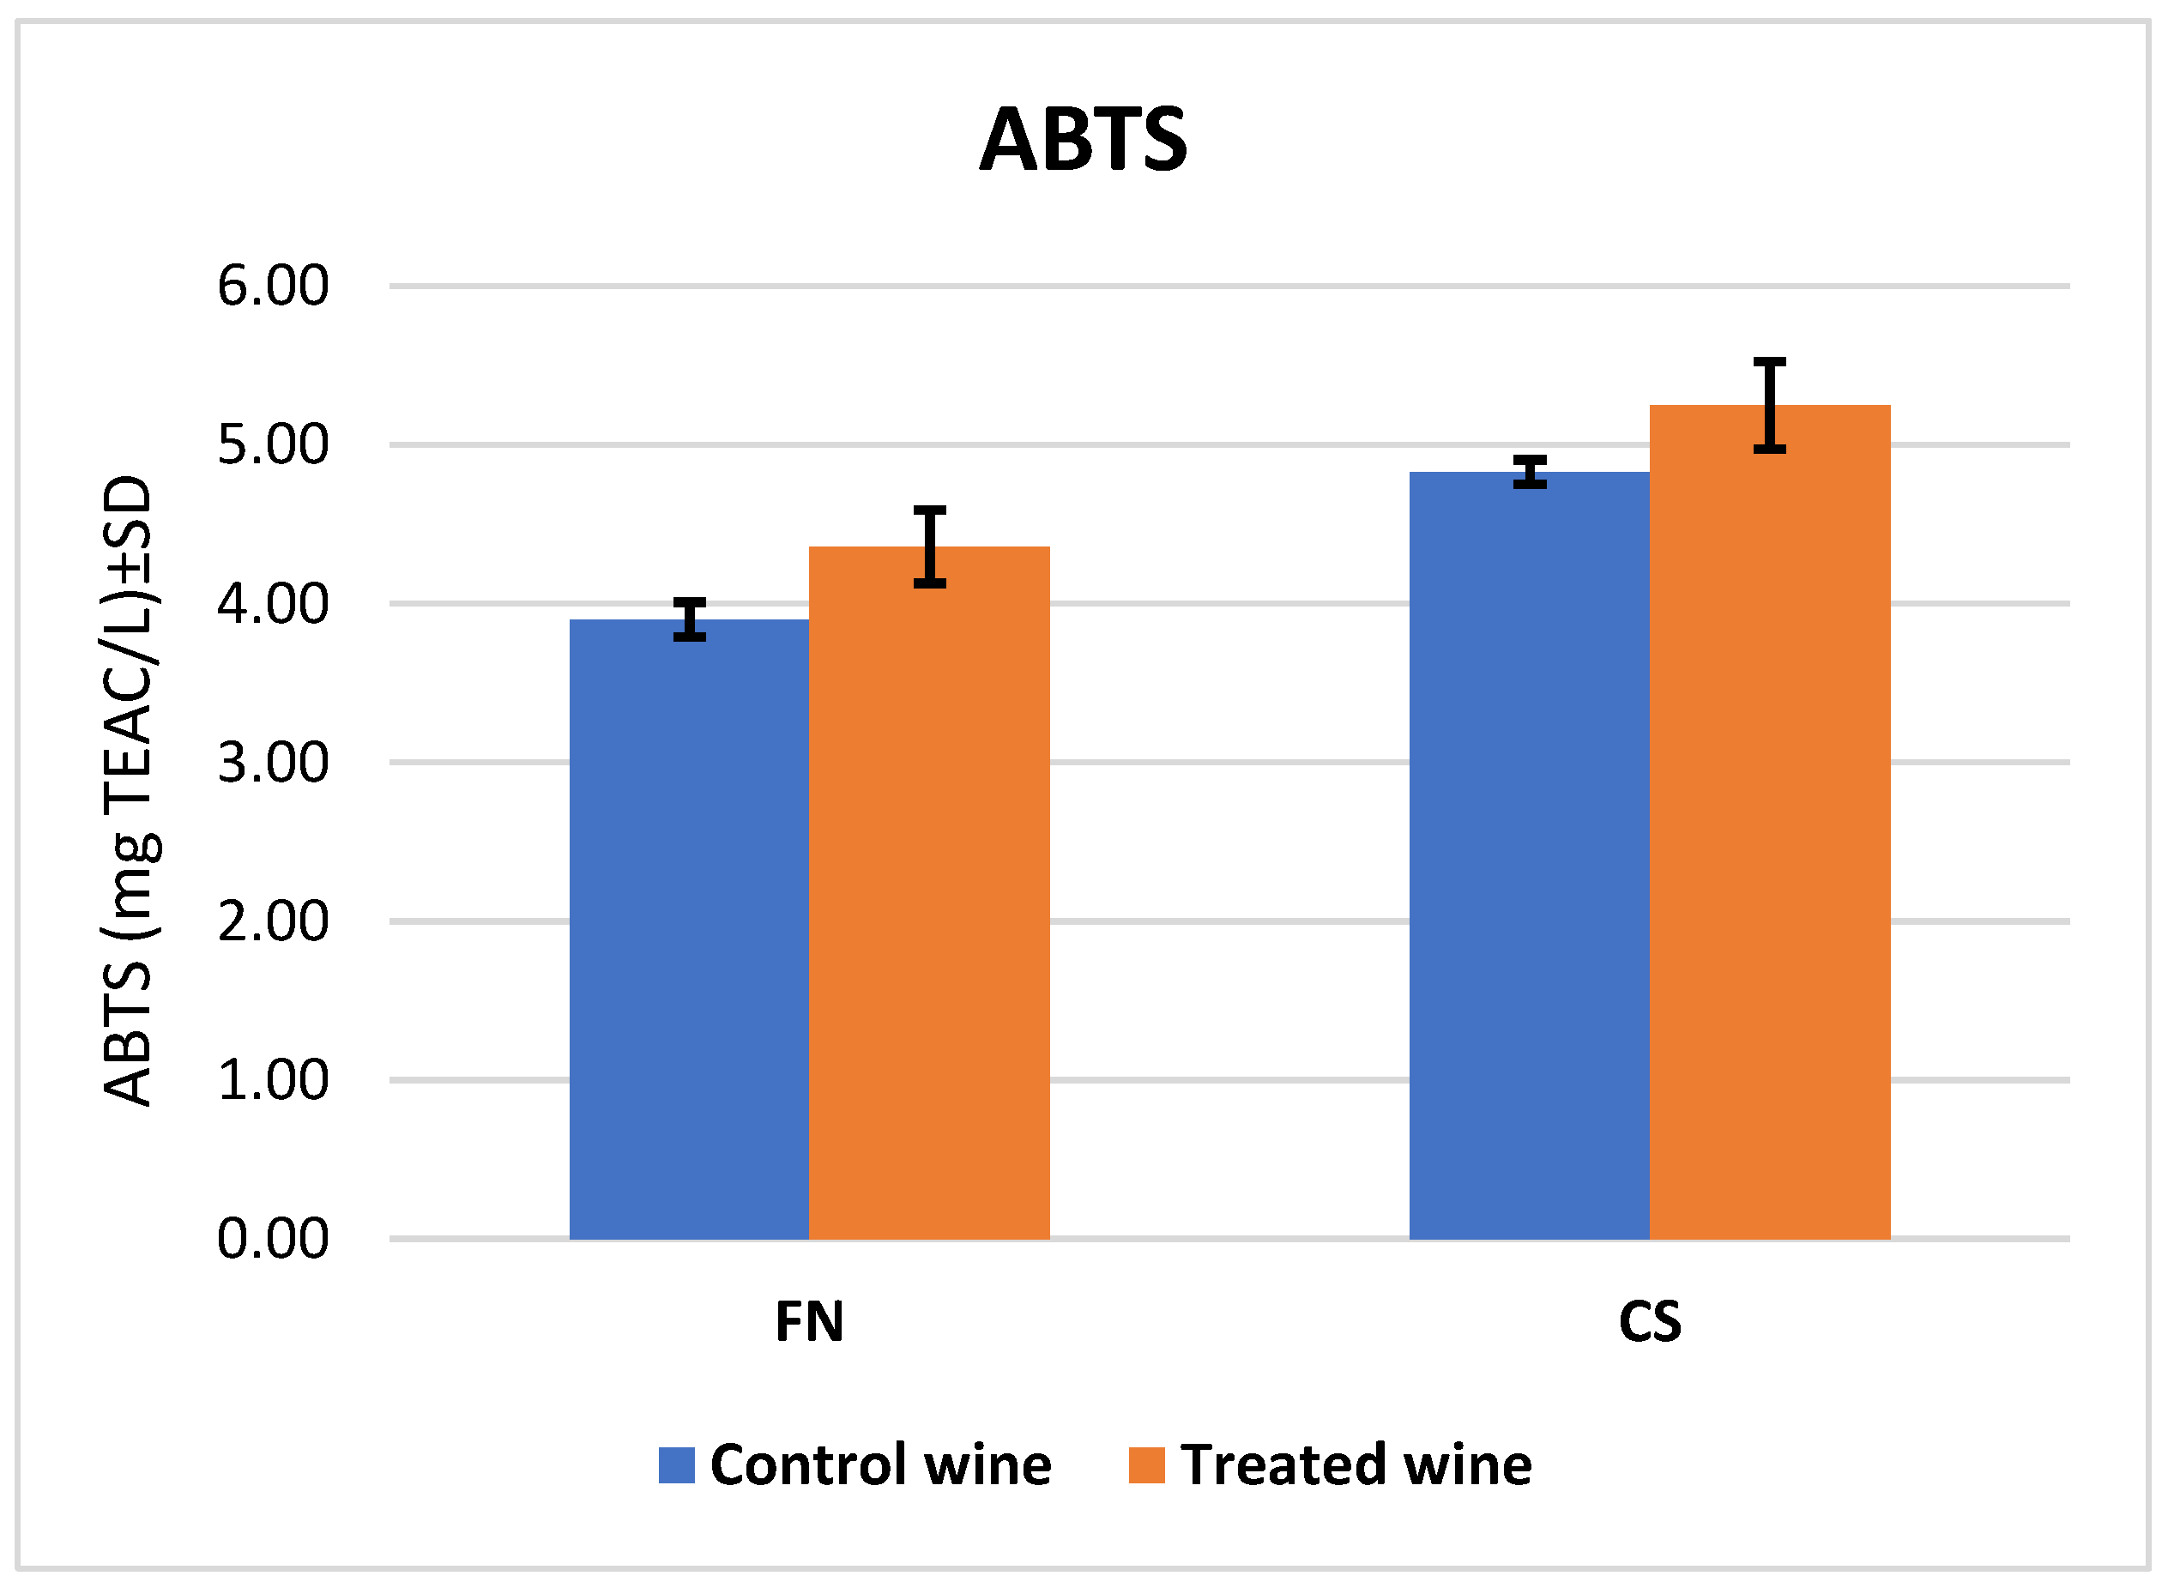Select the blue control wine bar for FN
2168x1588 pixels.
(x=689, y=928)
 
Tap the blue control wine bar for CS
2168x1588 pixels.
(x=1529, y=854)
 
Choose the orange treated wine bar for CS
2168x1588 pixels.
(x=1769, y=822)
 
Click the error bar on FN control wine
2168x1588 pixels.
(x=689, y=619)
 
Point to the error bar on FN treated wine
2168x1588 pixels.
(x=929, y=546)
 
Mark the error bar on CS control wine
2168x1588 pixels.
(x=1530, y=472)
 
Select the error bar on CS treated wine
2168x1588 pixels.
(x=1769, y=405)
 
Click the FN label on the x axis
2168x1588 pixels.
(x=809, y=1322)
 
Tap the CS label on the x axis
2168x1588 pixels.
(x=1649, y=1322)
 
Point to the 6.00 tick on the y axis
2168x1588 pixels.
(x=273, y=287)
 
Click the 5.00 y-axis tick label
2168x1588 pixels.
(x=273, y=445)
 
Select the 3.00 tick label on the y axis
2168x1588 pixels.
(x=273, y=764)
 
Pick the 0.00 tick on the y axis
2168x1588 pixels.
(x=273, y=1239)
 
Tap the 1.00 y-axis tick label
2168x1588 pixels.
(x=273, y=1080)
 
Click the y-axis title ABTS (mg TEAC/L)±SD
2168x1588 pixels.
(x=128, y=790)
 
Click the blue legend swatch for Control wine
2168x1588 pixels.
(x=677, y=1465)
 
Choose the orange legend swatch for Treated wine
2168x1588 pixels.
(x=1146, y=1465)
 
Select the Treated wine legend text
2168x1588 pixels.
(x=1356, y=1465)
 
